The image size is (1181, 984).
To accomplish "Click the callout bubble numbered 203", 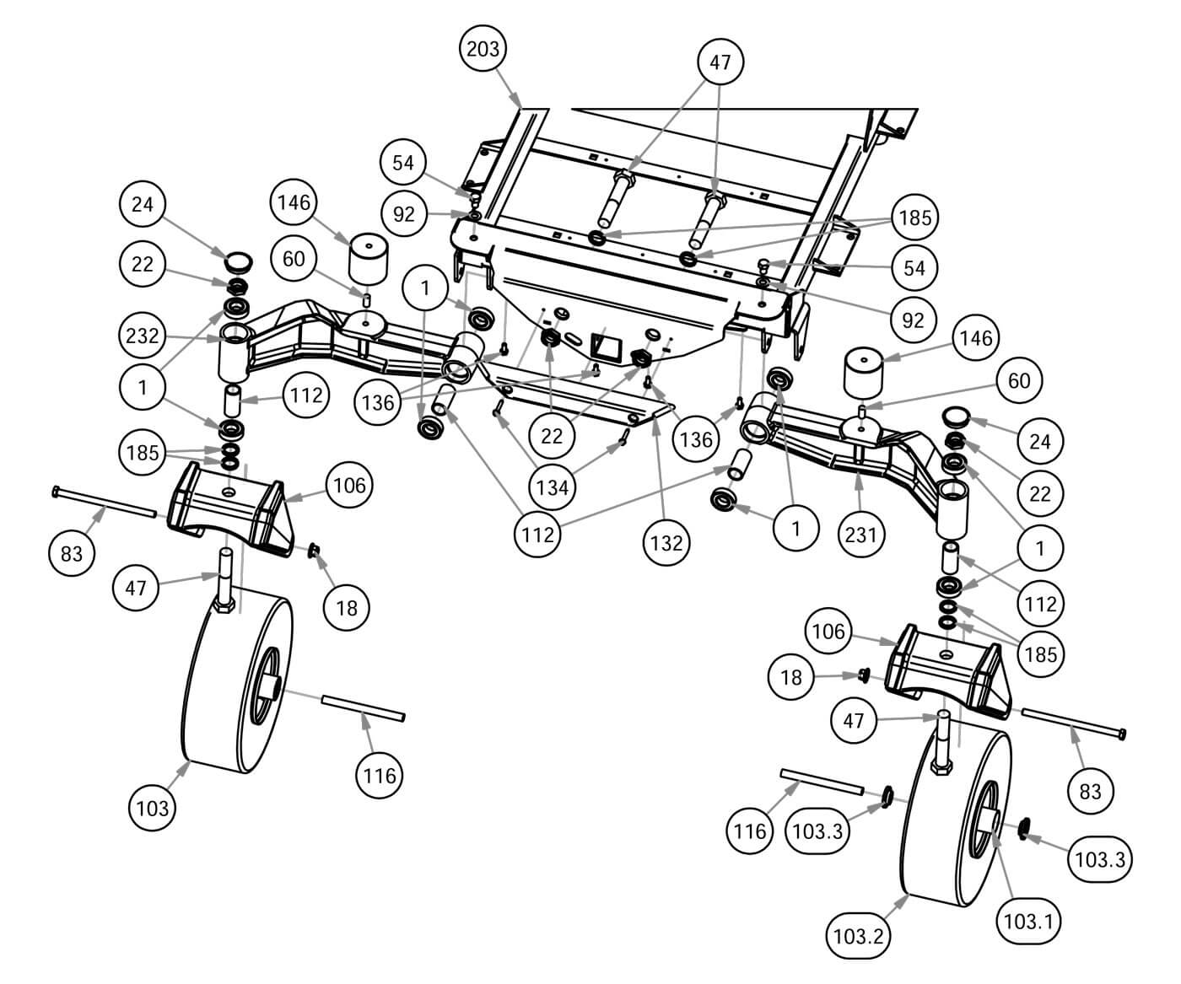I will coord(483,50).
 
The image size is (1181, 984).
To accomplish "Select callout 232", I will coord(143,336).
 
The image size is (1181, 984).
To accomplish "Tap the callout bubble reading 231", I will coord(860,533).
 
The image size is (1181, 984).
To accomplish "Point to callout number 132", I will coord(666,542).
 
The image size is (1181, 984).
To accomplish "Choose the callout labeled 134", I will coord(552,487).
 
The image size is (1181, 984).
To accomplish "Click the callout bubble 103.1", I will coord(1028,921).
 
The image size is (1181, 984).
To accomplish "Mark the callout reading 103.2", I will coord(858,935).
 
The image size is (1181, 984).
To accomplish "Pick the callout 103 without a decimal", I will coord(153,808).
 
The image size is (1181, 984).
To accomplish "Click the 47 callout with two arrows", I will coord(720,62).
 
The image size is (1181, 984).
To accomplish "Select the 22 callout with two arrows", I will coord(552,435).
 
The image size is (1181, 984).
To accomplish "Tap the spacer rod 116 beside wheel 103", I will coord(363,708).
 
